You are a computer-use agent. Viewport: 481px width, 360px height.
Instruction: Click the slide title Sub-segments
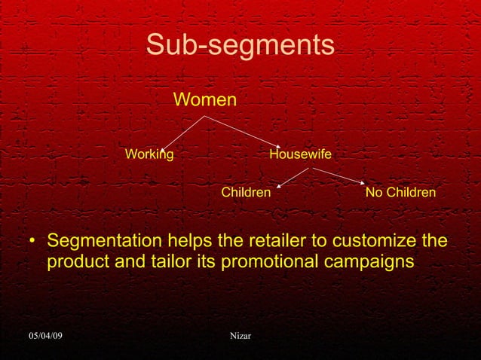[x=240, y=45]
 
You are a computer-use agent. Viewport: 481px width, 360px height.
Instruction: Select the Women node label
[x=205, y=99]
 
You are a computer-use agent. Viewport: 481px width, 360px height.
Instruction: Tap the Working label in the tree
[x=149, y=154]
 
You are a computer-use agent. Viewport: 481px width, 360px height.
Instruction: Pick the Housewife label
[x=300, y=154]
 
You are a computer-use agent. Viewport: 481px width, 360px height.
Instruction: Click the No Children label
[x=400, y=193]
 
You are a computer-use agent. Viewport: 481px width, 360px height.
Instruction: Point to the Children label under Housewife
[x=246, y=193]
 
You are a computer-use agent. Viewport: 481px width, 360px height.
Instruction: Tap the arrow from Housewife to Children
[x=293, y=177]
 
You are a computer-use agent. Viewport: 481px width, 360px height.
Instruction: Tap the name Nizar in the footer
[x=240, y=334]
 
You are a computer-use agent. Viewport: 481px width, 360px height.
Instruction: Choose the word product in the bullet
[x=75, y=264]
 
